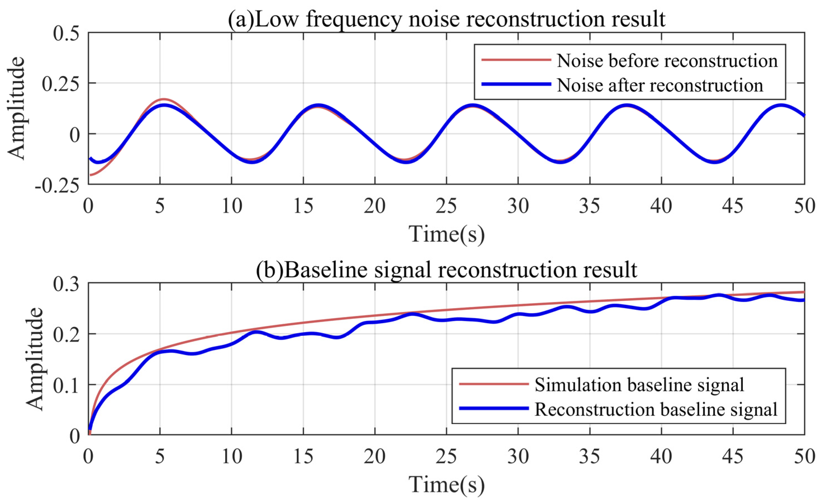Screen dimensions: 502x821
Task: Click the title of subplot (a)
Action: [446, 19]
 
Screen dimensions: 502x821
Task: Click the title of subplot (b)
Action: [446, 270]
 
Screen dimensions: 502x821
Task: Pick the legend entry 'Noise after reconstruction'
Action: [660, 85]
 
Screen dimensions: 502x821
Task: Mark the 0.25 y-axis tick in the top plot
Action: [62, 83]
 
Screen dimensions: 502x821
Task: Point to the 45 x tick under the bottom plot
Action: [733, 456]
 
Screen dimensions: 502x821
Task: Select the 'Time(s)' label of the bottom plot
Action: [446, 484]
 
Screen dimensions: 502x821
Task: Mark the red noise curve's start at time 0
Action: [90, 175]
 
